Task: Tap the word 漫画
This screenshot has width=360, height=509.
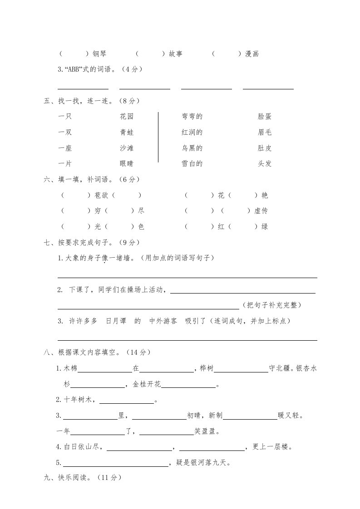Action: pos(252,54)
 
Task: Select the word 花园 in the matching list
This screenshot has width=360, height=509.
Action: pos(127,117)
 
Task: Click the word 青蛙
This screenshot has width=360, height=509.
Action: pos(127,132)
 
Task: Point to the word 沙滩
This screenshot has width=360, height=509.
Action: pos(127,148)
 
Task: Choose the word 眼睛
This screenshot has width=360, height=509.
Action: pos(127,164)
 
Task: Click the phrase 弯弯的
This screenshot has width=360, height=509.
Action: pos(192,117)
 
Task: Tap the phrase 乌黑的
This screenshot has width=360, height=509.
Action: pos(192,148)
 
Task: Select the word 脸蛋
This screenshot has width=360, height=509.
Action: pos(265,117)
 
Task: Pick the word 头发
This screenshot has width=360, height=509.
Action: pos(265,164)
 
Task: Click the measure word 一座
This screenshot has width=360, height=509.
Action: pos(65,148)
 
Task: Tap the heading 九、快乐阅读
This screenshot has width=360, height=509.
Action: pos(70,477)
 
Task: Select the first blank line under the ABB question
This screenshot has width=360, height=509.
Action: pos(83,88)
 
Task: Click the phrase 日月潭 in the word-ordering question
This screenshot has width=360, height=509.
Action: pos(115,321)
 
